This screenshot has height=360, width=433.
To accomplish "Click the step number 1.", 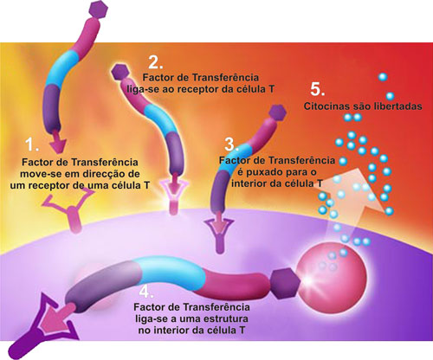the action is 32,144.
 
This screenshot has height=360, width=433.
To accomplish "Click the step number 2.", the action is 155,62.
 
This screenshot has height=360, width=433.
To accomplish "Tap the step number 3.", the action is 231,145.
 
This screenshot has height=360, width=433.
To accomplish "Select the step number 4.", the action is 146,292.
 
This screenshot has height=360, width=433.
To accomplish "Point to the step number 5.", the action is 317,89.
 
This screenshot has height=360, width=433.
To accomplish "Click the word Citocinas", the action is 327,106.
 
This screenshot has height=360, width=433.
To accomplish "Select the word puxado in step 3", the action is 263,172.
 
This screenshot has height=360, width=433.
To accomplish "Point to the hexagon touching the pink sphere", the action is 285,283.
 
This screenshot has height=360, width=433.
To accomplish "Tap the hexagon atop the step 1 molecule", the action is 98,10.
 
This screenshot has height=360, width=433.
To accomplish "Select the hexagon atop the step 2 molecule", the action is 120,72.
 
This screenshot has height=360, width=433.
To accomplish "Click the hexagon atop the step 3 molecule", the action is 277,112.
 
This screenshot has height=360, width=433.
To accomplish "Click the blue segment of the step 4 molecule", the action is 171,273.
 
